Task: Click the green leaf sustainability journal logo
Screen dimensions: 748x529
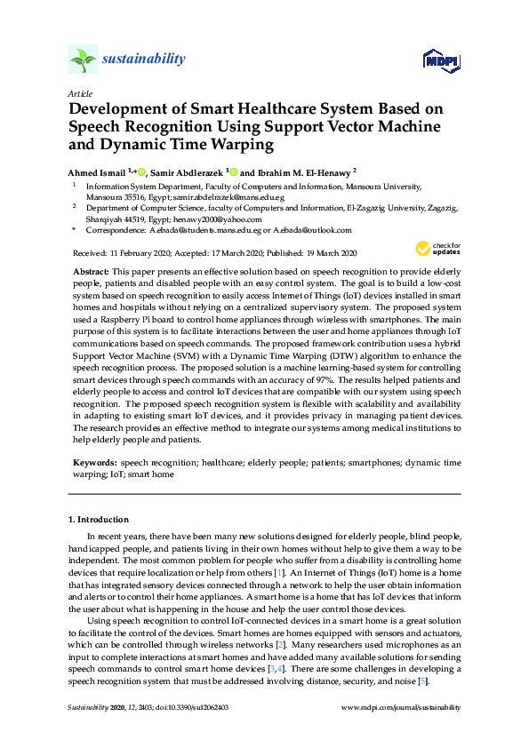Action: coord(83,60)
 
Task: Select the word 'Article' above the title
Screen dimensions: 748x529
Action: coord(79,93)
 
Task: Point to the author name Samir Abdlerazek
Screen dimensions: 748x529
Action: coord(187,171)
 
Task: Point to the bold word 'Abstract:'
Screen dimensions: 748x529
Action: coord(89,268)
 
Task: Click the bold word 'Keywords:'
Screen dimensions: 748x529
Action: coord(92,463)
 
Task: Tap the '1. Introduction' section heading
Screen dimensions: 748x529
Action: coord(98,519)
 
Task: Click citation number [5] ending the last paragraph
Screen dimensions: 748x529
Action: coord(424,680)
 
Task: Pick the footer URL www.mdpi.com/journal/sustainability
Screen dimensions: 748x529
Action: coord(401,708)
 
